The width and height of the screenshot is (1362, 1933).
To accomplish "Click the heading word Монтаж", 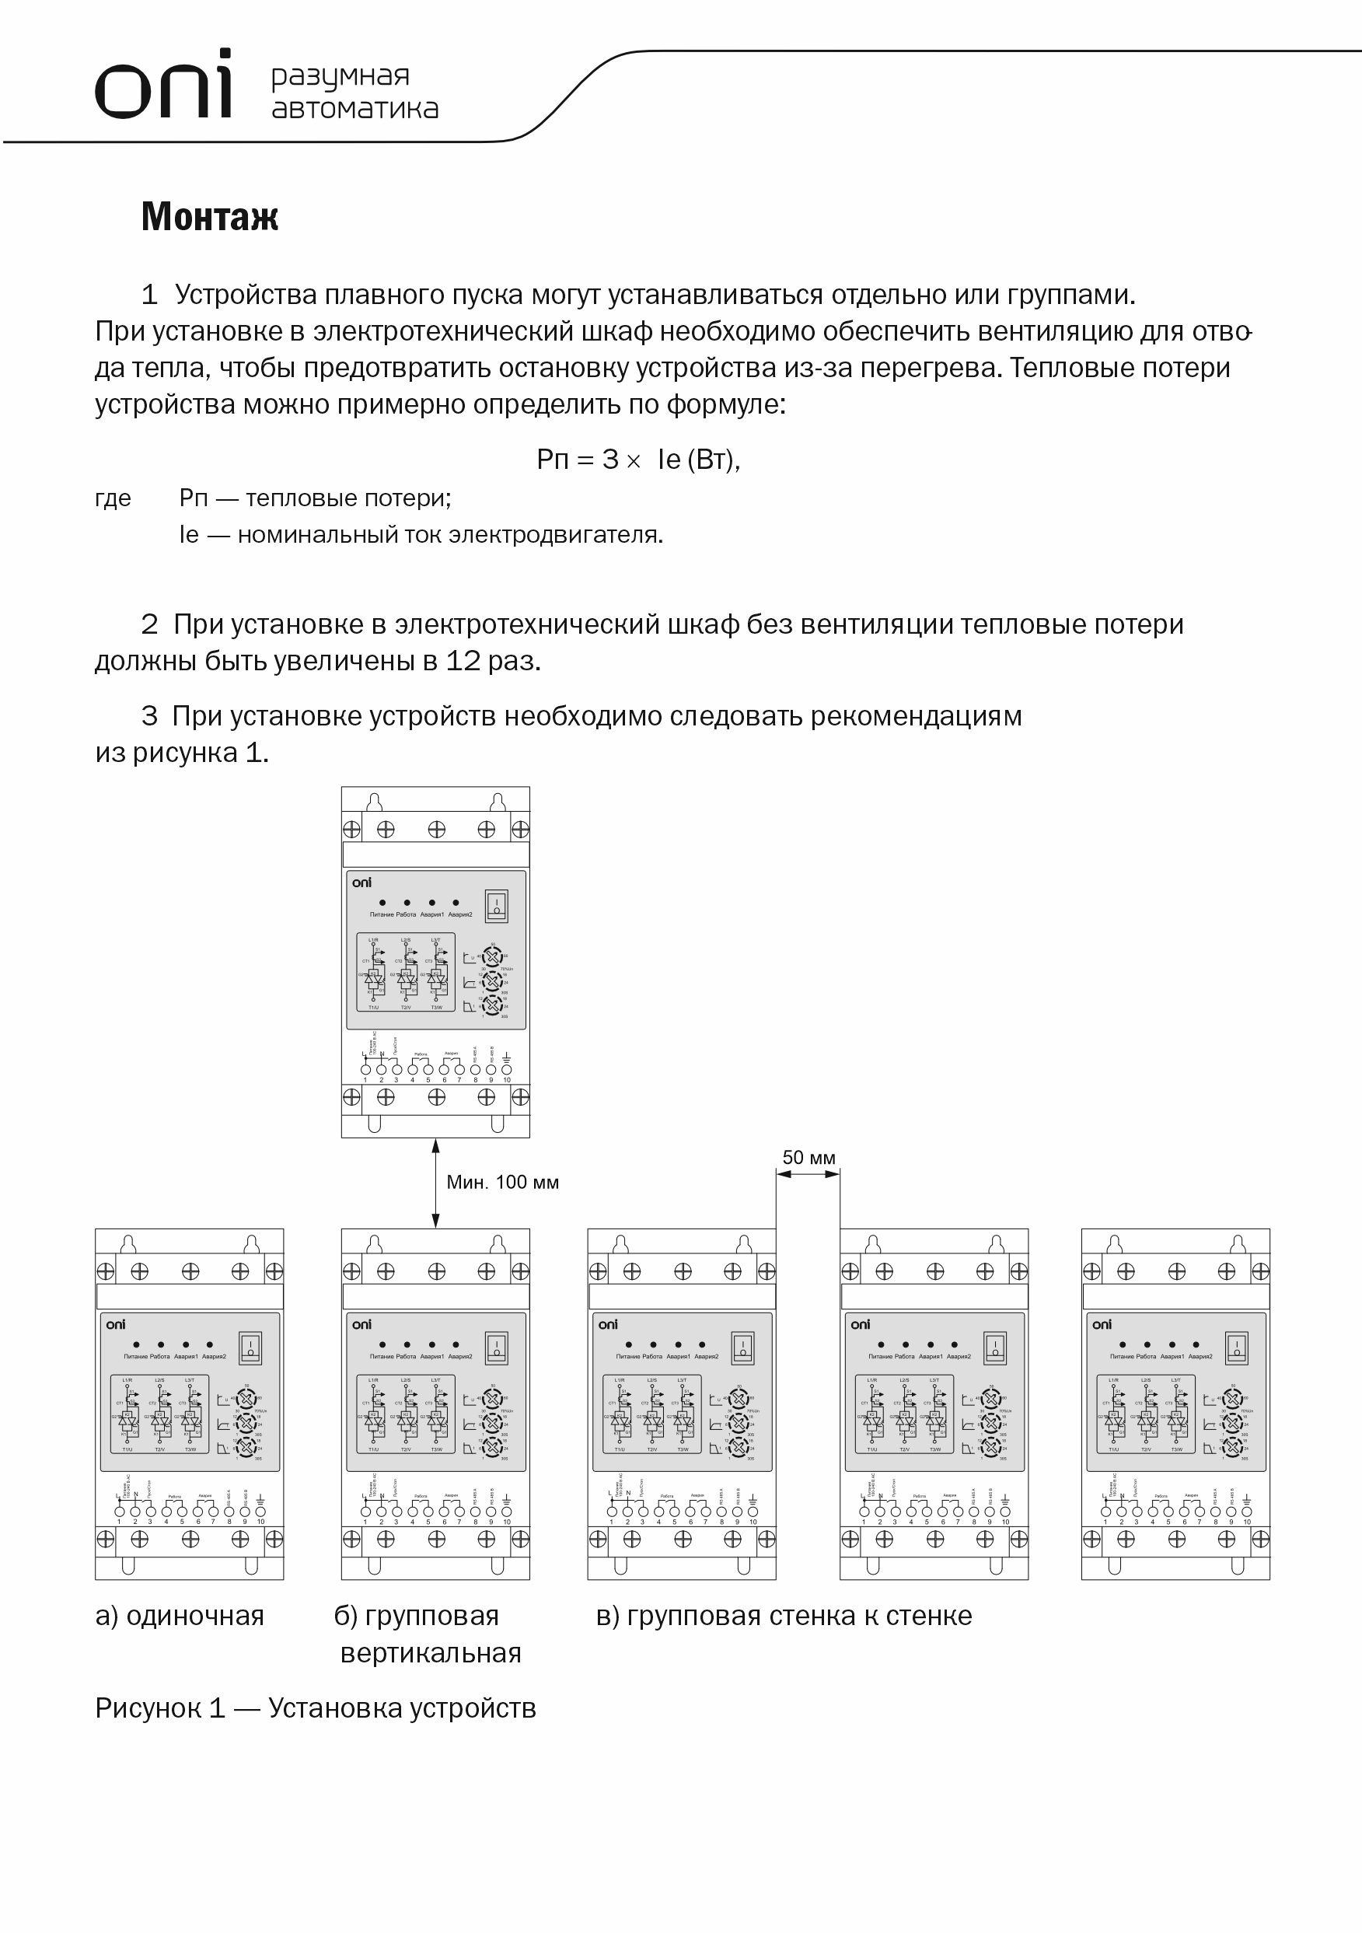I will click(x=210, y=216).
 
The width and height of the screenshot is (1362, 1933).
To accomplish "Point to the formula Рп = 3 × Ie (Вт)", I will click(x=638, y=460).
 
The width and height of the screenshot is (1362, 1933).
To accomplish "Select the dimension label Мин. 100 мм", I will click(x=502, y=1182).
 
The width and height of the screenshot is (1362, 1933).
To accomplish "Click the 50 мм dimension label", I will click(x=809, y=1158).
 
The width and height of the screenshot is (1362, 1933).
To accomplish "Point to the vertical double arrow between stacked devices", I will click(x=435, y=1183).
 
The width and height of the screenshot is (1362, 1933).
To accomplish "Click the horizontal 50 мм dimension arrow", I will click(x=808, y=1174).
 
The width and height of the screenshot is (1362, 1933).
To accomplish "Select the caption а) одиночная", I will click(x=180, y=1616).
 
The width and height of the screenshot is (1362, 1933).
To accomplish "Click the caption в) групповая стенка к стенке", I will click(x=784, y=1616).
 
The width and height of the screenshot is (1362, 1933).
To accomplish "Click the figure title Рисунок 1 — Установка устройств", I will click(x=316, y=1708).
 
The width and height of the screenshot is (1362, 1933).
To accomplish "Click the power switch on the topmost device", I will click(x=496, y=906).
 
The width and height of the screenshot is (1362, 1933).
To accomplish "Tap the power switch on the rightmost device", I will click(x=1236, y=1348).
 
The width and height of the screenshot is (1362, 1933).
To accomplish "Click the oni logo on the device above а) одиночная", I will click(x=115, y=1325).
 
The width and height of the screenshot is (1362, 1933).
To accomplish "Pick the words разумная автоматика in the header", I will click(x=354, y=92).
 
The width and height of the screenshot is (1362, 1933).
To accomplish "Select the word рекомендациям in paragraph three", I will click(x=916, y=715).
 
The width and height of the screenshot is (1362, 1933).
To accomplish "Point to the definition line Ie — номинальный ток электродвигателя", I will click(x=421, y=535).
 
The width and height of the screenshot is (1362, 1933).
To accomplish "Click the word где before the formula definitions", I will click(x=113, y=498).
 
